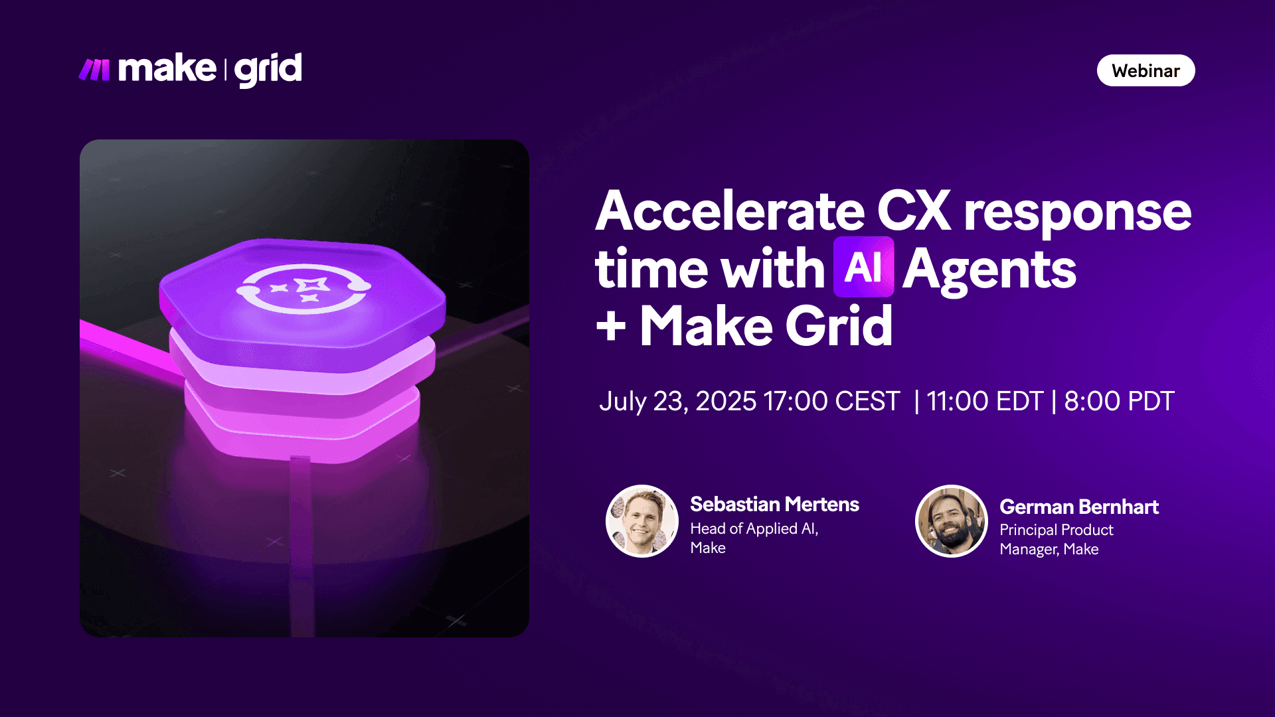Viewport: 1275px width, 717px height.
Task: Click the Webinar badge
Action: pos(1146,71)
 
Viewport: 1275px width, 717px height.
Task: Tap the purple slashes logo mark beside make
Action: pos(94,70)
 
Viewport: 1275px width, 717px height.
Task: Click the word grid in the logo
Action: pos(268,70)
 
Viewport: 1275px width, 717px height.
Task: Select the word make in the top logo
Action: pos(167,69)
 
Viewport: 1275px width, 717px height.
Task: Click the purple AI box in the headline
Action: pos(863,268)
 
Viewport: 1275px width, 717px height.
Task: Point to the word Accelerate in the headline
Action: pos(730,211)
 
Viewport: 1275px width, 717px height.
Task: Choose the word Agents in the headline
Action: pos(989,270)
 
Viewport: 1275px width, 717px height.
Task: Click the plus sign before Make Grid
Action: pos(611,327)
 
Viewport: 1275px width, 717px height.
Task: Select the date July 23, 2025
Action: pos(677,402)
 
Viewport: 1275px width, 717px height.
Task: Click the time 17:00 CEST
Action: pos(831,402)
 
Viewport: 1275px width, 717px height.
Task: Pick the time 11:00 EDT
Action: pos(985,402)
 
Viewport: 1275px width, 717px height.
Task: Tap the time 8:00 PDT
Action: pos(1119,402)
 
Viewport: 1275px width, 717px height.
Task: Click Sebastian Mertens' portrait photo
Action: pos(642,521)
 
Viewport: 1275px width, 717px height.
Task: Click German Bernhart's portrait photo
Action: pos(952,521)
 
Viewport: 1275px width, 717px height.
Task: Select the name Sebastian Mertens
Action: pos(774,505)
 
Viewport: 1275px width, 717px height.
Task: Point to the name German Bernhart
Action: pos(1079,507)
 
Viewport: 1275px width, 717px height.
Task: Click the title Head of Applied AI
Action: pos(754,528)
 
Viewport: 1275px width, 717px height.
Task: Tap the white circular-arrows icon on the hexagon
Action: pos(303,288)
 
